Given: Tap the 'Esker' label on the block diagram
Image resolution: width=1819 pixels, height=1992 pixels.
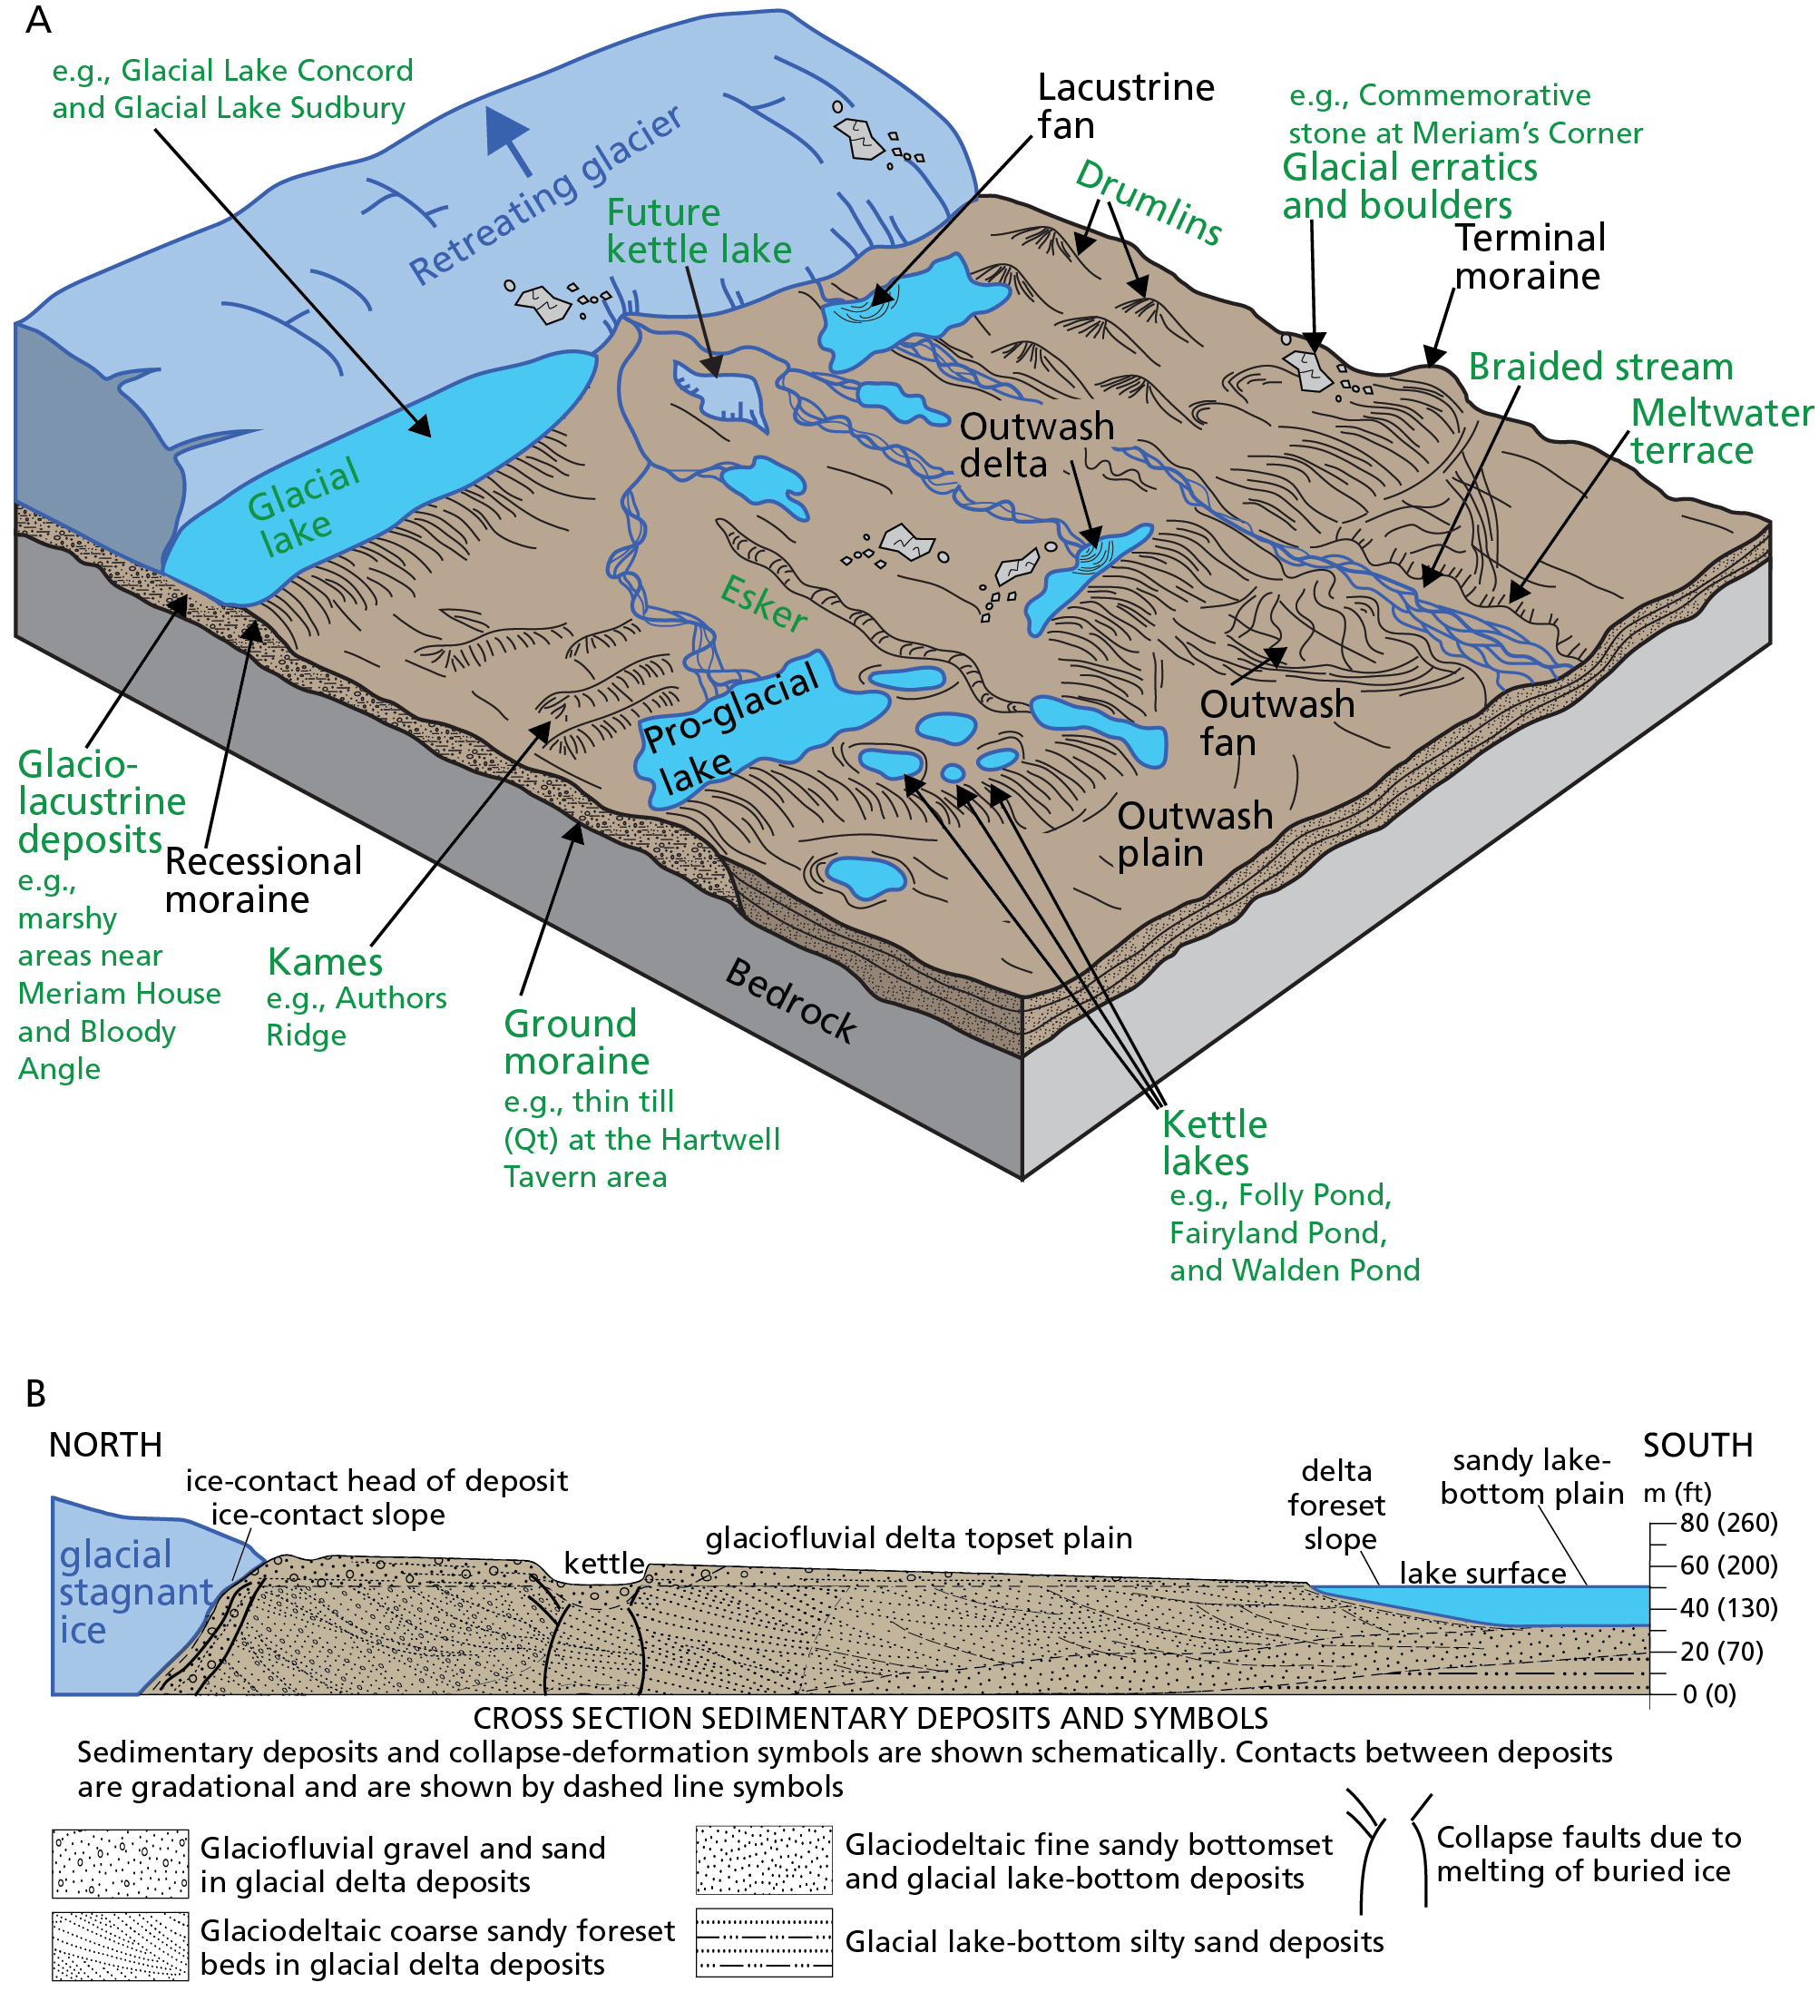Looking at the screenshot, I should tap(763, 602).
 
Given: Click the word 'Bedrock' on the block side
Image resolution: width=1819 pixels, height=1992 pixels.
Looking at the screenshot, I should tap(790, 1000).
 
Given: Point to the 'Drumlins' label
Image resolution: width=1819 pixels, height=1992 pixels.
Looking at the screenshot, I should tap(1149, 202).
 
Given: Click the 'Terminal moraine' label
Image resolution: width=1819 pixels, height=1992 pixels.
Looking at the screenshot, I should tap(1529, 257).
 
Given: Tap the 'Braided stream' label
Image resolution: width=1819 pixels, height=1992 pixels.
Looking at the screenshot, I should tap(1599, 367).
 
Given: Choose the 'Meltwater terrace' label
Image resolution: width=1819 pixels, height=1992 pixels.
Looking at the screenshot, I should tap(1720, 431).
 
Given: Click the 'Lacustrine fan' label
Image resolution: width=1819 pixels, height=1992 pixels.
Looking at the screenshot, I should tap(1124, 107).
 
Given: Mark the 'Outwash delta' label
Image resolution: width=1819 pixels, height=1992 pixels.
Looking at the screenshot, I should tap(1035, 446).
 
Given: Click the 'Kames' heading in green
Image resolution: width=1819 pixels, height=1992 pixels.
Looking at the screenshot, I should tap(325, 961).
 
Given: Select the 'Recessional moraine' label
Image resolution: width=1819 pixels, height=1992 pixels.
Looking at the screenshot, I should tap(263, 880).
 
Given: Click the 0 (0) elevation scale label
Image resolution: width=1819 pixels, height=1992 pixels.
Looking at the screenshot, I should tap(1708, 1694).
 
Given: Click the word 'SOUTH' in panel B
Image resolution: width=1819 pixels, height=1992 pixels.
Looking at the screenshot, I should tap(1697, 1446).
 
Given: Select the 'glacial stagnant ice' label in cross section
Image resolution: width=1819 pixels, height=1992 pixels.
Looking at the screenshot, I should tap(133, 1592).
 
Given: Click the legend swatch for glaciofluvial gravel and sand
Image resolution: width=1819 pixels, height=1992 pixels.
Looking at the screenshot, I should tap(120, 1863).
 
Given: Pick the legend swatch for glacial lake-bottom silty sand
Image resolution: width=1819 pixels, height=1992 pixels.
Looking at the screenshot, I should tap(764, 1941).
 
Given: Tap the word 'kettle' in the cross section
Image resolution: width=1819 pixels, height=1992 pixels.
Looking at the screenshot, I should tap(603, 1563).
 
